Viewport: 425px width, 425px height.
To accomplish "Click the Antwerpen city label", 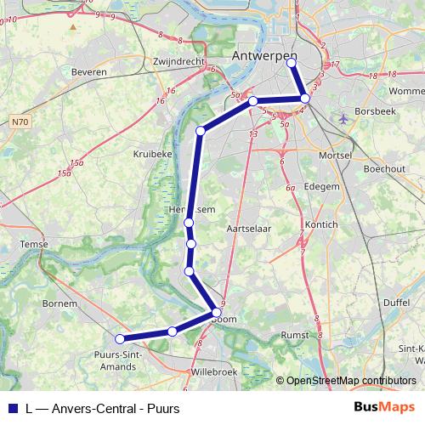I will pyautogui.click(x=263, y=55).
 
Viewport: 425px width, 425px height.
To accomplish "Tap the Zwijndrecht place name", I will pyautogui.click(x=180, y=62).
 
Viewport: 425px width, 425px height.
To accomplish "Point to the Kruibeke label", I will pyautogui.click(x=153, y=154).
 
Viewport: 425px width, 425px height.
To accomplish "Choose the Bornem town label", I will pyautogui.click(x=60, y=303).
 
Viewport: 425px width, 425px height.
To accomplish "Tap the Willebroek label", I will pyautogui.click(x=215, y=372).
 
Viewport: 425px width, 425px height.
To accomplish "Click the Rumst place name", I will pyautogui.click(x=295, y=335).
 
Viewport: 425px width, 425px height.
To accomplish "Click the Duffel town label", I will pyautogui.click(x=397, y=302).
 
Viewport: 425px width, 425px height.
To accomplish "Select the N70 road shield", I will pyautogui.click(x=20, y=122).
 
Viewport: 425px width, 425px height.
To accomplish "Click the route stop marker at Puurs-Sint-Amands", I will pyautogui.click(x=120, y=339).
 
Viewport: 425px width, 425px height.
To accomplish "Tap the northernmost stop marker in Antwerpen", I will pyautogui.click(x=292, y=62).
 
